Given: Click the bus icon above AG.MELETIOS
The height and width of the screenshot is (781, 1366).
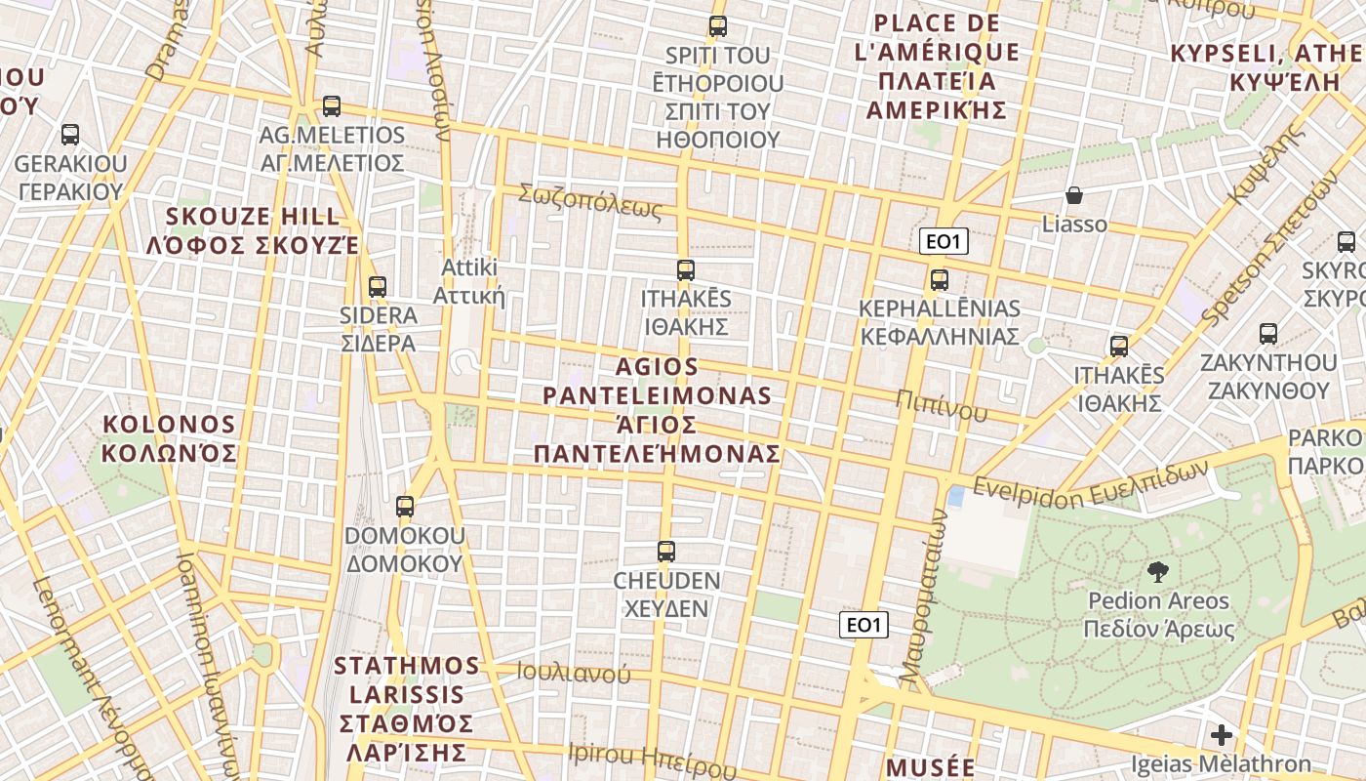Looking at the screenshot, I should [332, 106].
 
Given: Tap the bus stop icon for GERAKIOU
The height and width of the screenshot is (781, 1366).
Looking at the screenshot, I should [70, 135].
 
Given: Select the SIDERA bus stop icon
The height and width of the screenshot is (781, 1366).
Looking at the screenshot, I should [378, 287].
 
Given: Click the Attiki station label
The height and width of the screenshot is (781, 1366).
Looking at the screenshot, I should [470, 281].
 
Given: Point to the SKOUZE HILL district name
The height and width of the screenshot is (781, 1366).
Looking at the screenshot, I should [253, 230].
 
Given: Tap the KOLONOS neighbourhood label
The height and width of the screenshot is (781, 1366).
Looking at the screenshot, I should [170, 438].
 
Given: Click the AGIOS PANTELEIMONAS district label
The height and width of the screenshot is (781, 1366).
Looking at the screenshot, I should [657, 410].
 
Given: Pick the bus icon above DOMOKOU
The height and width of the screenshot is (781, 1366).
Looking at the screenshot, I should [405, 507].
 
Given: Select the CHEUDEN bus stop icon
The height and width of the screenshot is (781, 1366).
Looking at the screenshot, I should [666, 552].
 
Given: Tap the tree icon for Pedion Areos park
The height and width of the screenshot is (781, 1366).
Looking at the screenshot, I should [1158, 573].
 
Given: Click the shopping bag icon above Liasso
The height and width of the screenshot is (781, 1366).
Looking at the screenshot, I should [1074, 195].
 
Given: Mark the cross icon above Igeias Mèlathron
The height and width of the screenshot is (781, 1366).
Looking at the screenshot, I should [1221, 735].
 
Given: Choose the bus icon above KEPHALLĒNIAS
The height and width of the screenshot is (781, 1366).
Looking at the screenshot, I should [940, 280].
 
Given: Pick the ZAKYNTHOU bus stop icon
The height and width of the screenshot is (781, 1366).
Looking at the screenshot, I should [1268, 334].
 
